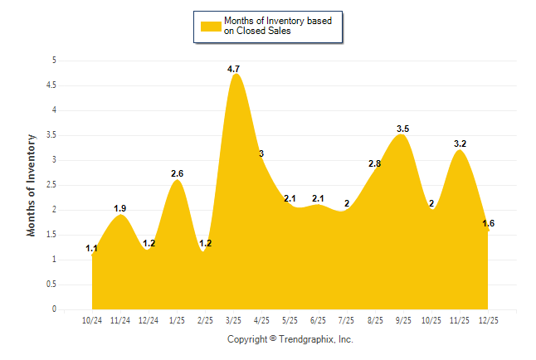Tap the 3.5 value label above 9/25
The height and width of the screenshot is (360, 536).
click(403, 129)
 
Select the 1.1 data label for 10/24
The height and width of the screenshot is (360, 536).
click(91, 248)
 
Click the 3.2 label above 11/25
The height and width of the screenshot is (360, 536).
click(460, 144)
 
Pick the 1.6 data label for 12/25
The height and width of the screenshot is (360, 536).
click(488, 223)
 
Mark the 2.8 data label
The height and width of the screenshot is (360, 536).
click(374, 163)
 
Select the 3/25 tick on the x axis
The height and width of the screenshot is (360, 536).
click(233, 319)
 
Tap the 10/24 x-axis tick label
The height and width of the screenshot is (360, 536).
click(92, 319)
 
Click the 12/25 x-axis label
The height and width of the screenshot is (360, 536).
click(488, 319)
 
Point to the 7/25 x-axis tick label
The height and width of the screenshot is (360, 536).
click(347, 319)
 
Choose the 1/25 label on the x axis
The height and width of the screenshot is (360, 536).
click(177, 319)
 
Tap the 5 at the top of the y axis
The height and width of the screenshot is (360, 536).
click(54, 60)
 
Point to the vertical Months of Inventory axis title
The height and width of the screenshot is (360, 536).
click(32, 185)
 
